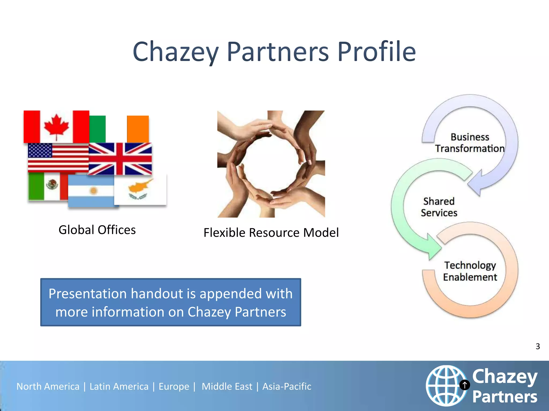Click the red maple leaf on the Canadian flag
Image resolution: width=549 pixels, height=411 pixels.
pyautogui.click(x=56, y=126)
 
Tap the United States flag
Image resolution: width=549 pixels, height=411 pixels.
pyautogui.click(x=58, y=158)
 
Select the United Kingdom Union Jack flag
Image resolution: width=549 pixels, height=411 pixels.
pyautogui.click(x=120, y=159)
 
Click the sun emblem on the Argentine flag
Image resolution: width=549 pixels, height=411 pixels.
pyautogui.click(x=93, y=191)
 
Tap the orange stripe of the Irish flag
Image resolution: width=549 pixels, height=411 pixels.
pyautogui.click(x=138, y=129)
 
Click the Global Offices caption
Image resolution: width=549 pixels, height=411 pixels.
pyautogui.click(x=97, y=230)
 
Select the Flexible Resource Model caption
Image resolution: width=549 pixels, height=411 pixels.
pyautogui.click(x=271, y=233)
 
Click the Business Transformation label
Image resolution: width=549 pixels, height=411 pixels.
pyautogui.click(x=470, y=143)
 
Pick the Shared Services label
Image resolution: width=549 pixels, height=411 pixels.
pyautogui.click(x=439, y=207)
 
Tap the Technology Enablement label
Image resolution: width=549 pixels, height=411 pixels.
pyautogui.click(x=470, y=271)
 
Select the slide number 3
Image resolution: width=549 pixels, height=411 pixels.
pyautogui.click(x=537, y=346)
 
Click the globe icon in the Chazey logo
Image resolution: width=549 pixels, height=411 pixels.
pyautogui.click(x=446, y=385)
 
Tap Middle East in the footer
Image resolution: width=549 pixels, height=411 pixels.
pyautogui.click(x=227, y=386)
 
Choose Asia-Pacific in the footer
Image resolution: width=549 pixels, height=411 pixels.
pyautogui.click(x=287, y=386)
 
